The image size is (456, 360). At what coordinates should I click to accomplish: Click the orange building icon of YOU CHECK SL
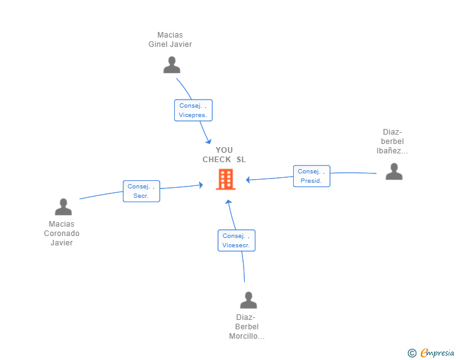coord(225,179)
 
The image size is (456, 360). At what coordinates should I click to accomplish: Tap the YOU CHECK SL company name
coord(224,155)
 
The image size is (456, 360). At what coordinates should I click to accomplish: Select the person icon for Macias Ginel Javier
coord(172,64)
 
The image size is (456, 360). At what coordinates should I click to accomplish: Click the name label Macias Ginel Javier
coord(170,39)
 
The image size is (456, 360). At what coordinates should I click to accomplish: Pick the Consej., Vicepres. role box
coord(194,110)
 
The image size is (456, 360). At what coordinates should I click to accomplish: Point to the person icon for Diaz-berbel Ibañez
coord(394,171)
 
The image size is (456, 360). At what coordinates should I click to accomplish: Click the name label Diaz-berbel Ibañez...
coord(393,141)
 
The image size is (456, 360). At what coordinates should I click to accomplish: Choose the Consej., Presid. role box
coord(311,176)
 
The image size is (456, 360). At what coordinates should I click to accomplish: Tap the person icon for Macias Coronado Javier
coord(63,207)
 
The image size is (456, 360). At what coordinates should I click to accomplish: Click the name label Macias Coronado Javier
coord(61,234)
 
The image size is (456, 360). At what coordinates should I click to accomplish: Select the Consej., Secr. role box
coord(141,191)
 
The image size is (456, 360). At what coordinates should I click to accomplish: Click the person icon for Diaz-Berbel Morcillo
coord(249,300)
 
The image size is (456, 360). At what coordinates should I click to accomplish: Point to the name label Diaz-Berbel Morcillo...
coord(247,327)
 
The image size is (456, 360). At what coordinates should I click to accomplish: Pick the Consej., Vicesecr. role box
coord(236,240)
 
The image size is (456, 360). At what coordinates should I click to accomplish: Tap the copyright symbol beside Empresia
coord(412,353)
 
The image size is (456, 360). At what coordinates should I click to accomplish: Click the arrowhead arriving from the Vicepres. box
coord(209,141)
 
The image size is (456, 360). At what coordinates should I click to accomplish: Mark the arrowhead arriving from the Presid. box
coord(248,180)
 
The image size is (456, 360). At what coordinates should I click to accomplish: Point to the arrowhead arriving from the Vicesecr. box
coord(229,202)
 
